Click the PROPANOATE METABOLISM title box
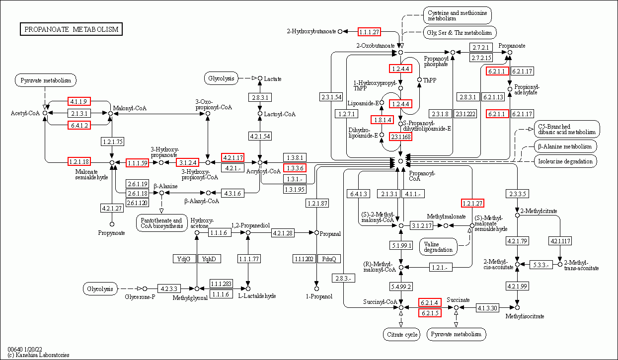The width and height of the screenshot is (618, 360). tap(72, 29)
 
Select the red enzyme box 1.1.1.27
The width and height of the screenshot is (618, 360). tap(369, 32)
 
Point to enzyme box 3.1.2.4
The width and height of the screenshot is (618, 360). tap(188, 162)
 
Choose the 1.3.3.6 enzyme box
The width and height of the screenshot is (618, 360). tap(294, 168)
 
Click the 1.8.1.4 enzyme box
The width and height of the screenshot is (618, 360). tap(382, 120)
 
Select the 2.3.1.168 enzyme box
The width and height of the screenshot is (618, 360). tap(400, 137)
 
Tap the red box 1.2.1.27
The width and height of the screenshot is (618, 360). tap(472, 203)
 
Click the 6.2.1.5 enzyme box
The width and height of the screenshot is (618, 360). tap(430, 313)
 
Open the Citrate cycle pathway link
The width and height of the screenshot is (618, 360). tap(401, 334)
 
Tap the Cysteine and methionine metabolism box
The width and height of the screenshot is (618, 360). tap(457, 15)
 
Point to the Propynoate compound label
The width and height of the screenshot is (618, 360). tap(111, 233)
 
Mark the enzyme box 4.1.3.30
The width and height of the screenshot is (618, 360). tap(487, 308)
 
